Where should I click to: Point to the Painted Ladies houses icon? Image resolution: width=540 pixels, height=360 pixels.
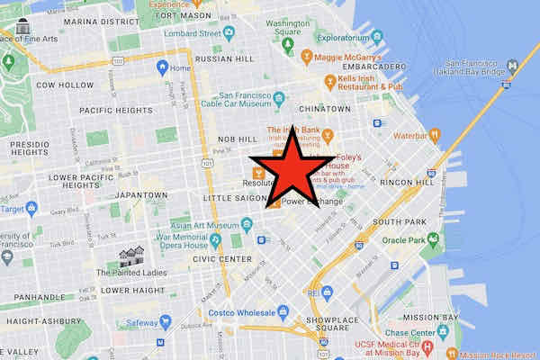point(133,256)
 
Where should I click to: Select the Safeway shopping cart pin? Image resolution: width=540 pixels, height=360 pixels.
point(166,321)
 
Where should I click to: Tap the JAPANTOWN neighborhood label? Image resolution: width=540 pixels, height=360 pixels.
point(136,194)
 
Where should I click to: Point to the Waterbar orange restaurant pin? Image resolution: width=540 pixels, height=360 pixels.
point(435,136)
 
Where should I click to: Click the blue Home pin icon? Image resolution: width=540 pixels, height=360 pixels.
point(163,67)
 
